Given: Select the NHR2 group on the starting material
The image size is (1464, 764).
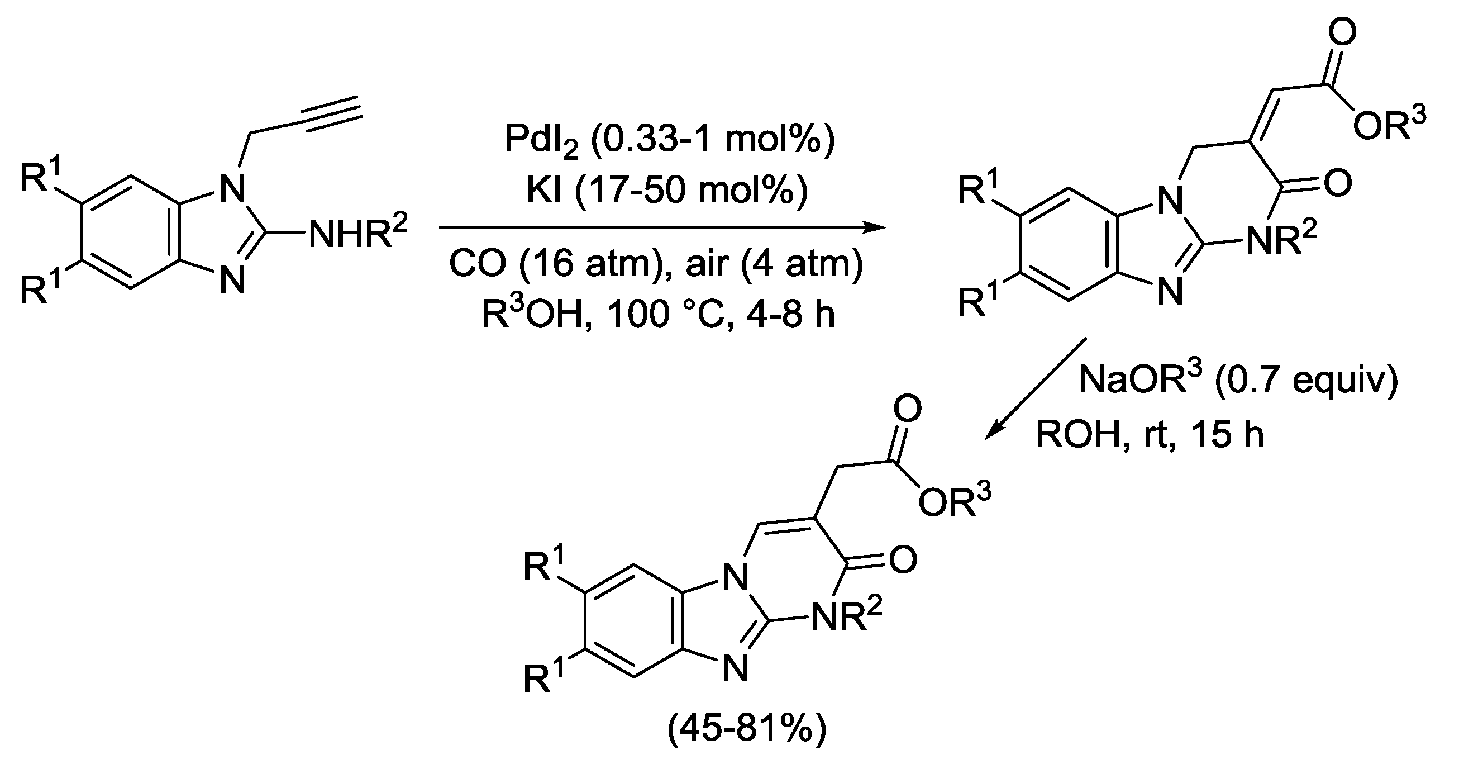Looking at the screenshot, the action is coord(358,233).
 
